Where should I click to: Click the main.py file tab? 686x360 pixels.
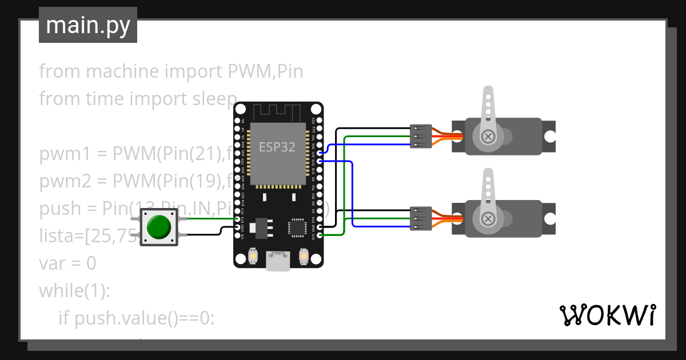coord(87,25)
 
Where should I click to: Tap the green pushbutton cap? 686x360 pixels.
coord(158,227)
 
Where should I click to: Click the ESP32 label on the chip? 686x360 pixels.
coord(277,147)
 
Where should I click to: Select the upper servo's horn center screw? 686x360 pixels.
coord(488,136)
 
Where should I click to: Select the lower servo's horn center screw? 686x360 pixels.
coord(488,219)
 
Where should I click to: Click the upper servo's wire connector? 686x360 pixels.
coord(420,137)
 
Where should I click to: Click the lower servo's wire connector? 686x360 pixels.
coord(420,219)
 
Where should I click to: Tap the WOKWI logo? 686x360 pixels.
coord(607,315)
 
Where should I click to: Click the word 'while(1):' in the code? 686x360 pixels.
coord(74,291)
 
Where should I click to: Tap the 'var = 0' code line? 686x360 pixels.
coord(67,263)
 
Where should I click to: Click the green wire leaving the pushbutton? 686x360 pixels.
coord(209,218)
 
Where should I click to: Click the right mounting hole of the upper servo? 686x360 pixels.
coord(549,136)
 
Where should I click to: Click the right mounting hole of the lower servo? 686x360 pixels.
coord(549,219)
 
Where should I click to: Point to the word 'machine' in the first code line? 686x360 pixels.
coord(122,71)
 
